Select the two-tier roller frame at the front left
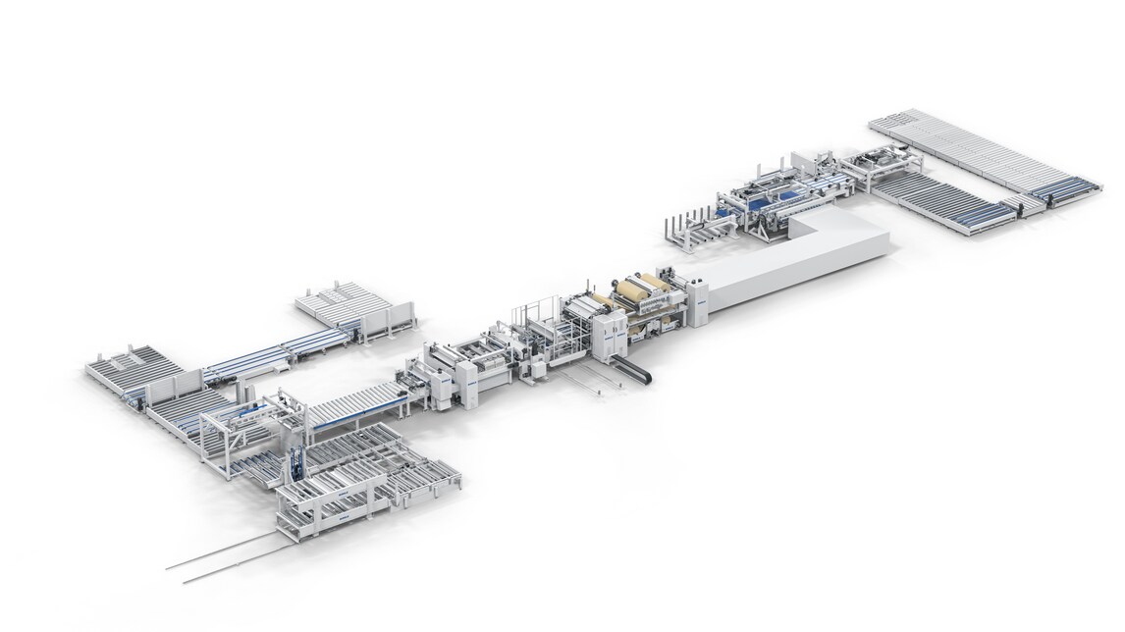point(324,505)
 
